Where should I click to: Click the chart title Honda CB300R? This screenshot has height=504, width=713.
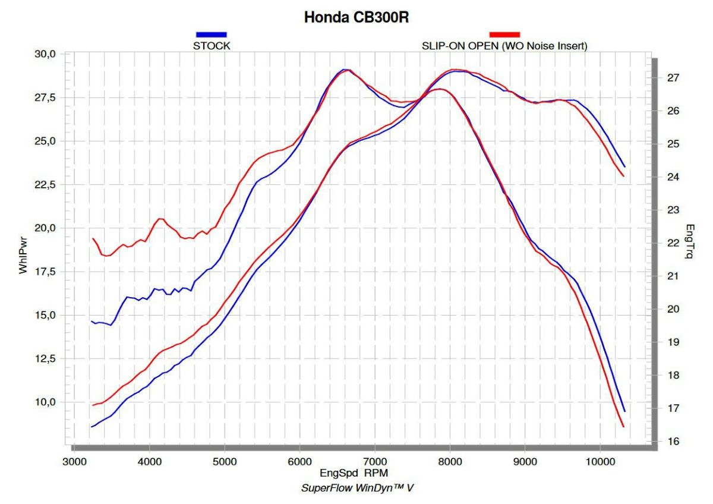coord(356,17)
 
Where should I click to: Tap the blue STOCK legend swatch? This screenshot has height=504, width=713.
coord(211,34)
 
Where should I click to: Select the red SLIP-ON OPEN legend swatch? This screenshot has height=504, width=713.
coord(504,34)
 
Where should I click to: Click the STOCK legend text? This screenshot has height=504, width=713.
coord(212,46)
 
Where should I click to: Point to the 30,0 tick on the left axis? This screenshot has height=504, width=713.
coord(45,54)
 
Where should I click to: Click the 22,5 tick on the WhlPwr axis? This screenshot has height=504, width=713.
coord(45,185)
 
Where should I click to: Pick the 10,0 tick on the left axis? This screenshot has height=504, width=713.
coord(45,402)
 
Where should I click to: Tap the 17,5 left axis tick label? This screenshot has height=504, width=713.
coord(45,272)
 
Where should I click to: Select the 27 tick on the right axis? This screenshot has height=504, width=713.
coord(673,78)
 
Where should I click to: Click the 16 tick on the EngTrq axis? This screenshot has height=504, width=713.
coord(673,442)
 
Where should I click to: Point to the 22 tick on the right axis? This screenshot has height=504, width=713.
coord(673,243)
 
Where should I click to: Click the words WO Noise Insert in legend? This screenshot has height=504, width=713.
coord(544,46)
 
